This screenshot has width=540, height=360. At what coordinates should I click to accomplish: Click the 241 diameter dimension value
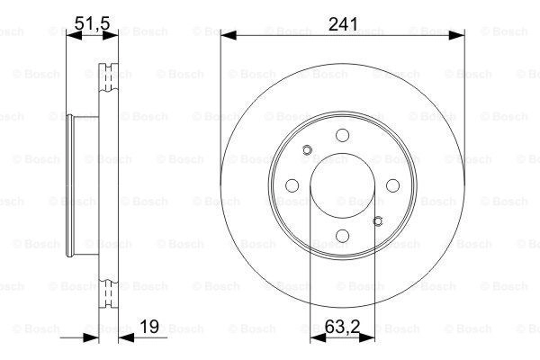[x=343, y=24]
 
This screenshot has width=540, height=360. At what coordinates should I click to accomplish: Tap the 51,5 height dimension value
[x=92, y=23]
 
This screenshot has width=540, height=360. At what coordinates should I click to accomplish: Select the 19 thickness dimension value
[x=149, y=326]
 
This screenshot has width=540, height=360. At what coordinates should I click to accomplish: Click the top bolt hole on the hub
[x=342, y=135]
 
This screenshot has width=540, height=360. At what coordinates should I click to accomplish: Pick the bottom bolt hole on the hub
[x=342, y=236]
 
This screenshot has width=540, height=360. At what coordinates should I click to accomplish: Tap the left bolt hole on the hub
[x=292, y=185]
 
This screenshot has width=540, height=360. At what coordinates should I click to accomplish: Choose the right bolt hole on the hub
[x=392, y=185]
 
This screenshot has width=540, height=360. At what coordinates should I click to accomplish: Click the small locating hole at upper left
[x=307, y=150]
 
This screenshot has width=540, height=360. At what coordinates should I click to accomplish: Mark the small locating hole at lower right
[x=378, y=221]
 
